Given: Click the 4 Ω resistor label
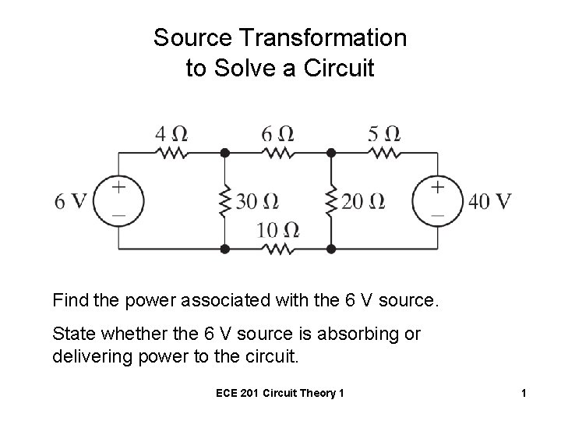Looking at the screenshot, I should coord(172,133).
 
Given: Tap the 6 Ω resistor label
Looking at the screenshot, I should coord(277,133).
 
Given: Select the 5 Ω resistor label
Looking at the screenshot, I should coord(384,133).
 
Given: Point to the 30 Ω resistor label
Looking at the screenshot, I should coord(257,202).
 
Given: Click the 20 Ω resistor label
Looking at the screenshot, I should coord(363,202).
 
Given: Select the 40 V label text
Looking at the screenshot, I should coord(490,201).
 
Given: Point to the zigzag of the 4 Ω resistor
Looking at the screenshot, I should coord(171,153).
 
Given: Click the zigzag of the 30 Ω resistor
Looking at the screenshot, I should coord(224,201).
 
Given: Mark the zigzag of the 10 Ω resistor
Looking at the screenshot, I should coord(277,249).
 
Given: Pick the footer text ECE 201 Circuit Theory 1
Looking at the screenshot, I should coord(280,394).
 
